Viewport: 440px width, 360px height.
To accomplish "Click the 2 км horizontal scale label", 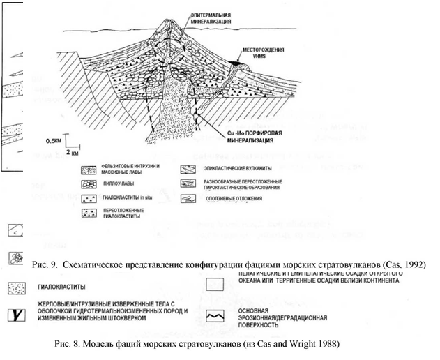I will [73, 151].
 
